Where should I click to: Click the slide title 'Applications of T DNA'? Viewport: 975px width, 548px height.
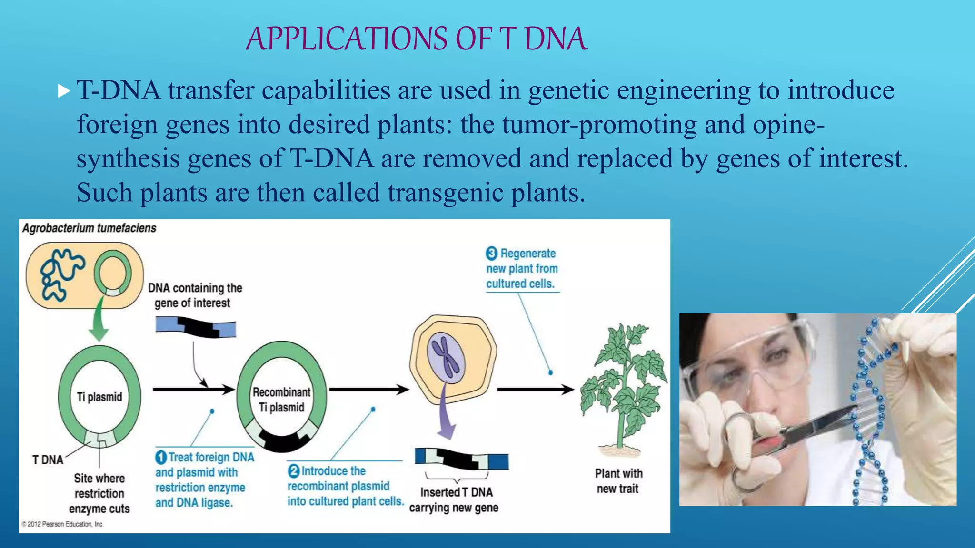(417, 39)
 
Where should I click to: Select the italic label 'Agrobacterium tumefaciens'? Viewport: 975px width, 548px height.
(89, 228)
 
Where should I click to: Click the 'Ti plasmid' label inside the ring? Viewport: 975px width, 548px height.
(99, 397)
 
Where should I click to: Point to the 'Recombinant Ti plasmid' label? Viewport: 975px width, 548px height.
(281, 400)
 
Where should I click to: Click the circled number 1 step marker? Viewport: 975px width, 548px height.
(161, 458)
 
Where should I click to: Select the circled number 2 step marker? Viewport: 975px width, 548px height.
(294, 471)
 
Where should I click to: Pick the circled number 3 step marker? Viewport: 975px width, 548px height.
(492, 254)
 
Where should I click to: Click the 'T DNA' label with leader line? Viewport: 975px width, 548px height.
(48, 460)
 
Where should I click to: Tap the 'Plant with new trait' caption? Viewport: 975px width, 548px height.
(618, 481)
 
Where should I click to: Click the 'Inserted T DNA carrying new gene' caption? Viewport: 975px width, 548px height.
(454, 500)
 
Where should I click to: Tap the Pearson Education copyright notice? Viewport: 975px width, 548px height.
(62, 524)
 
